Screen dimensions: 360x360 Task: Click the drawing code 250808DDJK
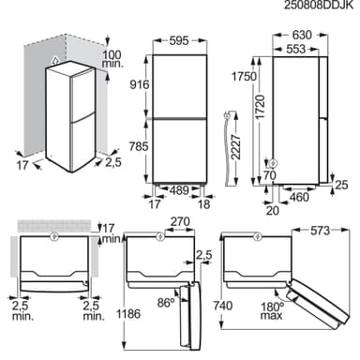coord(319,6)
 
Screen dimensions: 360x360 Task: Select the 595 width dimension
coord(179,40)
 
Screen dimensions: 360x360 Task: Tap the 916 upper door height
coord(140,84)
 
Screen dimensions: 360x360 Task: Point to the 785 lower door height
coord(139,146)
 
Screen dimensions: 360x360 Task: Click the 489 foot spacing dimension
coord(180,190)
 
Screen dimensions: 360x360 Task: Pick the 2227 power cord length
coord(236,147)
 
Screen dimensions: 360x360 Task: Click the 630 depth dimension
coord(301,35)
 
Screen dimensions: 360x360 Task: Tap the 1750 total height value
coord(244,76)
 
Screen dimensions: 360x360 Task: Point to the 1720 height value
coord(260,107)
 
